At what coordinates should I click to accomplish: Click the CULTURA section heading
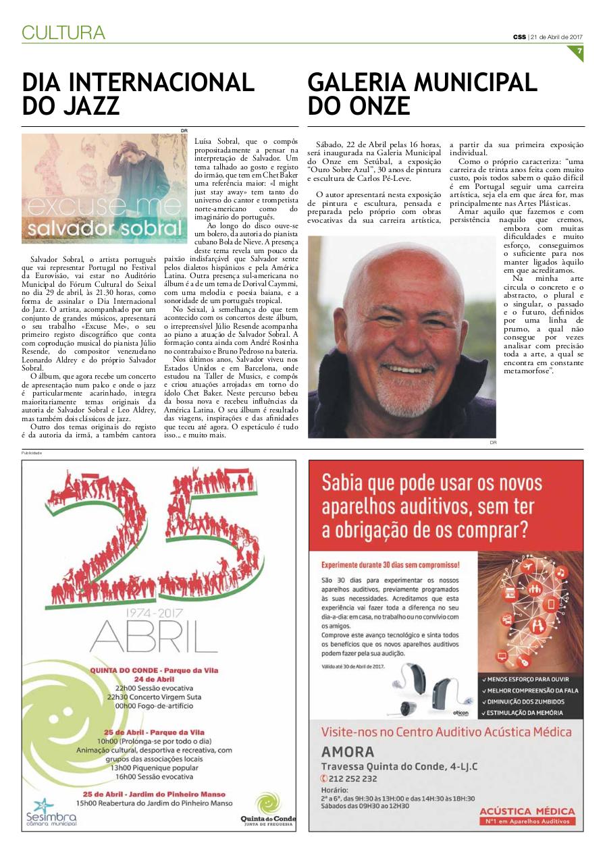pos(63,32)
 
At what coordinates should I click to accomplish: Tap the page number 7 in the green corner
pos(579,51)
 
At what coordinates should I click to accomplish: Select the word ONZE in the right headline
pos(376,106)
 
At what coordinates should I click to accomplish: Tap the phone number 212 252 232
pos(353,778)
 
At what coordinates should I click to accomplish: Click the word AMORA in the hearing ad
pos(348,752)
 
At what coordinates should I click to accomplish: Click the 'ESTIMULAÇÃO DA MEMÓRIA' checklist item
pos(528,711)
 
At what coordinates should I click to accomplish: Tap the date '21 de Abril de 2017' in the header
pos(557,36)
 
